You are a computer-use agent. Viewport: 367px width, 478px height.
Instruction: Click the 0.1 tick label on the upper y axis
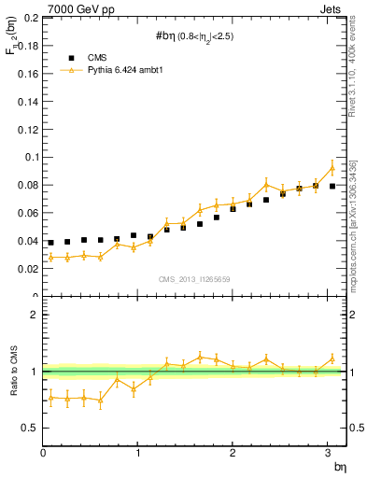pos(29,158)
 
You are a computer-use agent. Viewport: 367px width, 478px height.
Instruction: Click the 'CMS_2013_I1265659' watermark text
pos(194,278)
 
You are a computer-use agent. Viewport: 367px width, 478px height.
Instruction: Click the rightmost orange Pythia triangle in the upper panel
pos(332,168)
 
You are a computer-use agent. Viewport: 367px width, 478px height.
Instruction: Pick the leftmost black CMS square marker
pos(50,242)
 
